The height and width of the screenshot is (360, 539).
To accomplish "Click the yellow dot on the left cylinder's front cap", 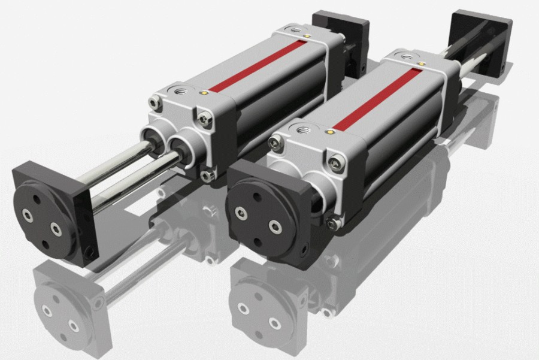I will coord(206,93).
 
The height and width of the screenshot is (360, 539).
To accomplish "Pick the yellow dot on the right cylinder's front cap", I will coord(329,129).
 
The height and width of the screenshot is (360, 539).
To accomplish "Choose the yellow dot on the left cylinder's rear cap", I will coord(307,36).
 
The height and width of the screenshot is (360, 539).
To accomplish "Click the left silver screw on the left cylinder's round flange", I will coord(28,214).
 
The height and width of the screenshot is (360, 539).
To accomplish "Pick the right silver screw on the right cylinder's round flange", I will coord(274,226).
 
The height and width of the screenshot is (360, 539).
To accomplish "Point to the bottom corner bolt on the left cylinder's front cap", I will coord(207,175).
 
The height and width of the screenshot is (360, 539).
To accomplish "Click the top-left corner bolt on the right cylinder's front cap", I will coord(275,143).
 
